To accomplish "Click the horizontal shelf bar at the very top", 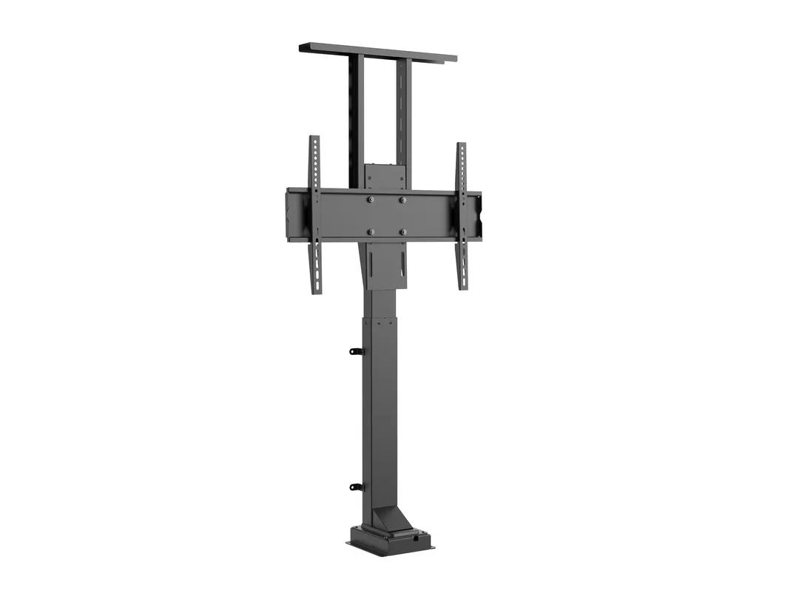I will (x=377, y=53).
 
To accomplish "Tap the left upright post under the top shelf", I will (x=357, y=118).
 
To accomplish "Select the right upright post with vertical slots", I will (x=403, y=111).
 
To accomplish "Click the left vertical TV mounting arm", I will (x=315, y=214).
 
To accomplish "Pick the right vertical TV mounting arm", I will (x=462, y=214).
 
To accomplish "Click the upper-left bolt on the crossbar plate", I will (x=371, y=200).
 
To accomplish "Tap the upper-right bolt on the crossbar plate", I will (x=402, y=200).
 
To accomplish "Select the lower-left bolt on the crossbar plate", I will (x=371, y=232).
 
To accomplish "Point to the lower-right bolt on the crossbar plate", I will (x=402, y=232).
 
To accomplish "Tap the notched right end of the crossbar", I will (x=476, y=215).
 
